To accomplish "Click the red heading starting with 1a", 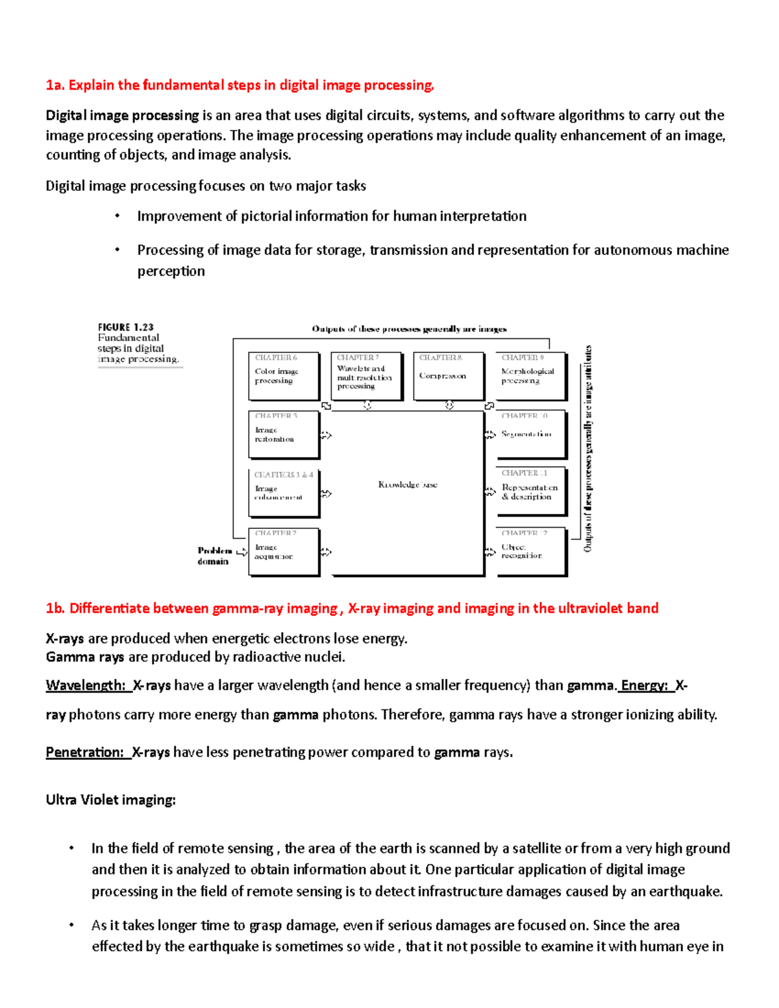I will (240, 85).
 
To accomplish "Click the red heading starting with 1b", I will (352, 608).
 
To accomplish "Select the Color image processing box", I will (284, 376).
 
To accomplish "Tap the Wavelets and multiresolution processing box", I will (366, 376).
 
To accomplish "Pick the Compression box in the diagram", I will (449, 376).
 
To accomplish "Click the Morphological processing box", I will (530, 376).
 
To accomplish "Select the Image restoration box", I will (284, 434).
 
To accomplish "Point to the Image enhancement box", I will (284, 493).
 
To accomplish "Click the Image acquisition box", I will (284, 552).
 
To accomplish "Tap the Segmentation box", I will (530, 434).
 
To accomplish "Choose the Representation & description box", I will (530, 492).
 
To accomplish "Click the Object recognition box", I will (530, 552).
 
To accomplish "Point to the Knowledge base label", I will (408, 485).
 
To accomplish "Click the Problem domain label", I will (214, 556).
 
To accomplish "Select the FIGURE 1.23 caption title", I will (126, 327).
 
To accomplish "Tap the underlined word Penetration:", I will (85, 752).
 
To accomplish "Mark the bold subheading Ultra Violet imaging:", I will (110, 800).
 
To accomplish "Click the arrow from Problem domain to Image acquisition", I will (241, 552).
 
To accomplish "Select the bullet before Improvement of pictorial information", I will (117, 216).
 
